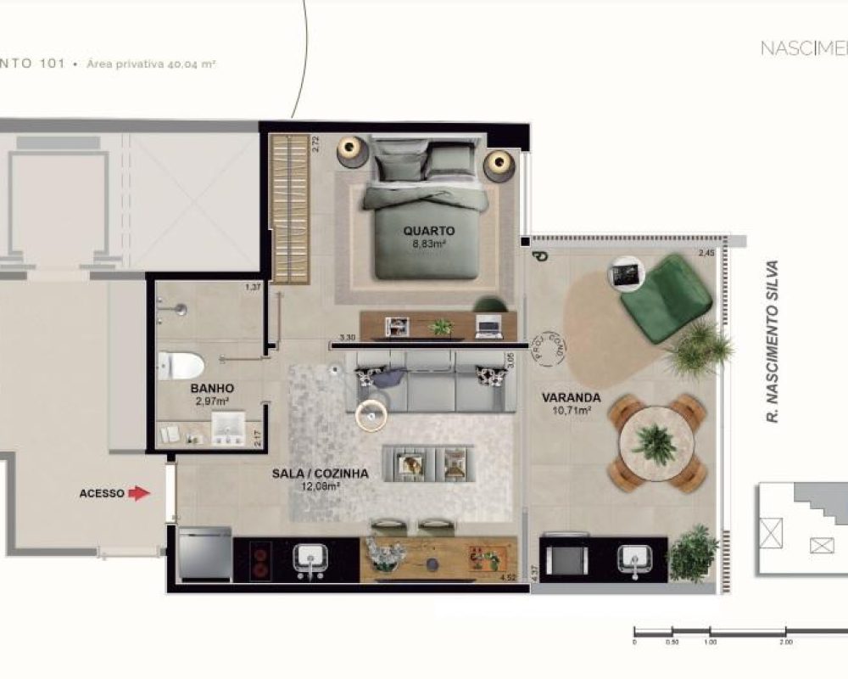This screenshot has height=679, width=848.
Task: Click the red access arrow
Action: click(x=138, y=493)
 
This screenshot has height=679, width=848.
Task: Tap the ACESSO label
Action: click(x=102, y=493)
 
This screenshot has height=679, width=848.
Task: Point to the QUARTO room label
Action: click(x=429, y=231)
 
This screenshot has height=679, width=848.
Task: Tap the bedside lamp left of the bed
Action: click(x=350, y=151)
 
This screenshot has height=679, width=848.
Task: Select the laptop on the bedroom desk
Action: click(x=488, y=324)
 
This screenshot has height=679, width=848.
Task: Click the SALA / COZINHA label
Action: click(x=320, y=474)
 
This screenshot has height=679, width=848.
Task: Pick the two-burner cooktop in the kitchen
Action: click(x=260, y=558)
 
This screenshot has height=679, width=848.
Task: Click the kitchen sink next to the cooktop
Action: click(x=310, y=558)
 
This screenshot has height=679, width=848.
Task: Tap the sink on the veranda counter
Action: click(x=636, y=558)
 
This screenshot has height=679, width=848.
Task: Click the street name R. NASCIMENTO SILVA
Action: click(x=771, y=340)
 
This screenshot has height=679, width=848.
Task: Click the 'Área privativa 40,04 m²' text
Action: click(x=153, y=64)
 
